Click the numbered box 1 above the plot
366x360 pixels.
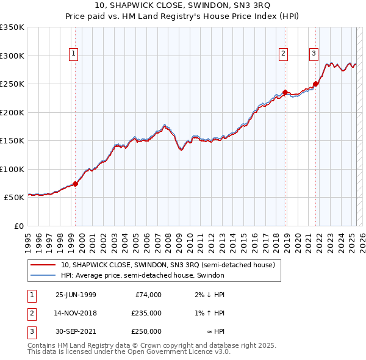coord(73,54)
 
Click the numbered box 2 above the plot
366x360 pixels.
coord(284,54)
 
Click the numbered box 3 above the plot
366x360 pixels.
coord(314,54)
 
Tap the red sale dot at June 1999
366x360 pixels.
coord(76,183)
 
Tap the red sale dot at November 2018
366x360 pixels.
coord(285,92)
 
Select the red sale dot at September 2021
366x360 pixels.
coord(315,84)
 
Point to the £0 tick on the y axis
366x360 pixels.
coord(19,226)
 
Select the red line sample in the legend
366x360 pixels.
coord(43,265)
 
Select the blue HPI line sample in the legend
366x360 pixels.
coord(43,275)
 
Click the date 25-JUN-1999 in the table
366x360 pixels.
coord(76,295)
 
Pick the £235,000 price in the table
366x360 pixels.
coord(146,313)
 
